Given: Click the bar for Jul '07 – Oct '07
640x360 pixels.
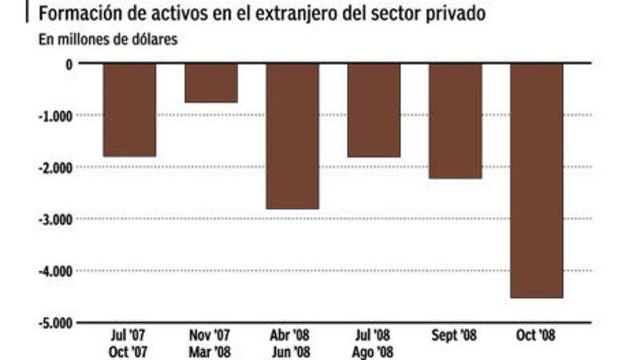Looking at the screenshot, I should pos(130,110).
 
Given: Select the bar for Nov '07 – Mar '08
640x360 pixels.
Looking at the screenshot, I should pos(211,83).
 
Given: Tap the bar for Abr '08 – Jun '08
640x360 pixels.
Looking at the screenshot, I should pos(293,136).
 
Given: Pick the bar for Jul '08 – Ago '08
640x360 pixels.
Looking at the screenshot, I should pos(374,110).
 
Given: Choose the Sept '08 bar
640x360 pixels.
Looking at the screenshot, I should pos(455,121).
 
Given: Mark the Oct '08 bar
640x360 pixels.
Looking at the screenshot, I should pos(537,181).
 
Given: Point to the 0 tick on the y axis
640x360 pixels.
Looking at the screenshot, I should pos(69,64).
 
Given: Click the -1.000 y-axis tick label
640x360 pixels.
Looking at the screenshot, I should pos(56,116).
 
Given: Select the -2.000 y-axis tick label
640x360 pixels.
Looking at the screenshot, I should pos(56,167).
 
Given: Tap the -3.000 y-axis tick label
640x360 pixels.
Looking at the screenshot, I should pos(56,219).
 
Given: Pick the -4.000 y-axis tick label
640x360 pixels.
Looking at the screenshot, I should pos(56,271).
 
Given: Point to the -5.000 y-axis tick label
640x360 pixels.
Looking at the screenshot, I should pos(56,323).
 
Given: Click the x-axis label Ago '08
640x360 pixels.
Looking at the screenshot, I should pos(374,350).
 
